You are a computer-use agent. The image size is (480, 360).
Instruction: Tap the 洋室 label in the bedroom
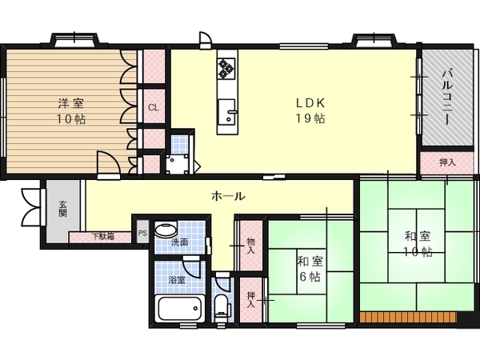tap(71, 103)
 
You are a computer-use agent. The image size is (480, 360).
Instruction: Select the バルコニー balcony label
tap(447, 97)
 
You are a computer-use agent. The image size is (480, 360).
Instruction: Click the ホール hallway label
tap(228, 196)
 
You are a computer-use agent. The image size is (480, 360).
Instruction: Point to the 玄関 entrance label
tap(62, 209)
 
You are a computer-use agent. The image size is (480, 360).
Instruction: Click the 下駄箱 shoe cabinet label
tap(103, 237)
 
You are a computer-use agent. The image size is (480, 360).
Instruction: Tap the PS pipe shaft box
tap(142, 233)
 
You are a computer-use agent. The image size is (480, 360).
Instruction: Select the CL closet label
tap(154, 108)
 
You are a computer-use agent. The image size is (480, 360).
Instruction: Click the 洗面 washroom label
tap(179, 242)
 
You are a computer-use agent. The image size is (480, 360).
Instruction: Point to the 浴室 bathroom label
tap(177, 279)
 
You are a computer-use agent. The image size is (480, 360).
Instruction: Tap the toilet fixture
tap(222, 308)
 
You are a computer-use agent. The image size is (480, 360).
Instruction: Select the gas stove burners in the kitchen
tap(226, 68)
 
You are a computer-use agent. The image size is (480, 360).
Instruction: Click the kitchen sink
tap(227, 111)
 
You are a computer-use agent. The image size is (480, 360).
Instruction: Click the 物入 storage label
tap(250, 246)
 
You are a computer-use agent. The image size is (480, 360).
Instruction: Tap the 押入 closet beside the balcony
tap(447, 162)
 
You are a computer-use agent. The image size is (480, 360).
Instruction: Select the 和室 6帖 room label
tap(310, 269)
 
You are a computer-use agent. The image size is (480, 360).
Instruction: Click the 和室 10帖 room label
tap(418, 244)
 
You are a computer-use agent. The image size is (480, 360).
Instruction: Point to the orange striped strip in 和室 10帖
tap(408, 317)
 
